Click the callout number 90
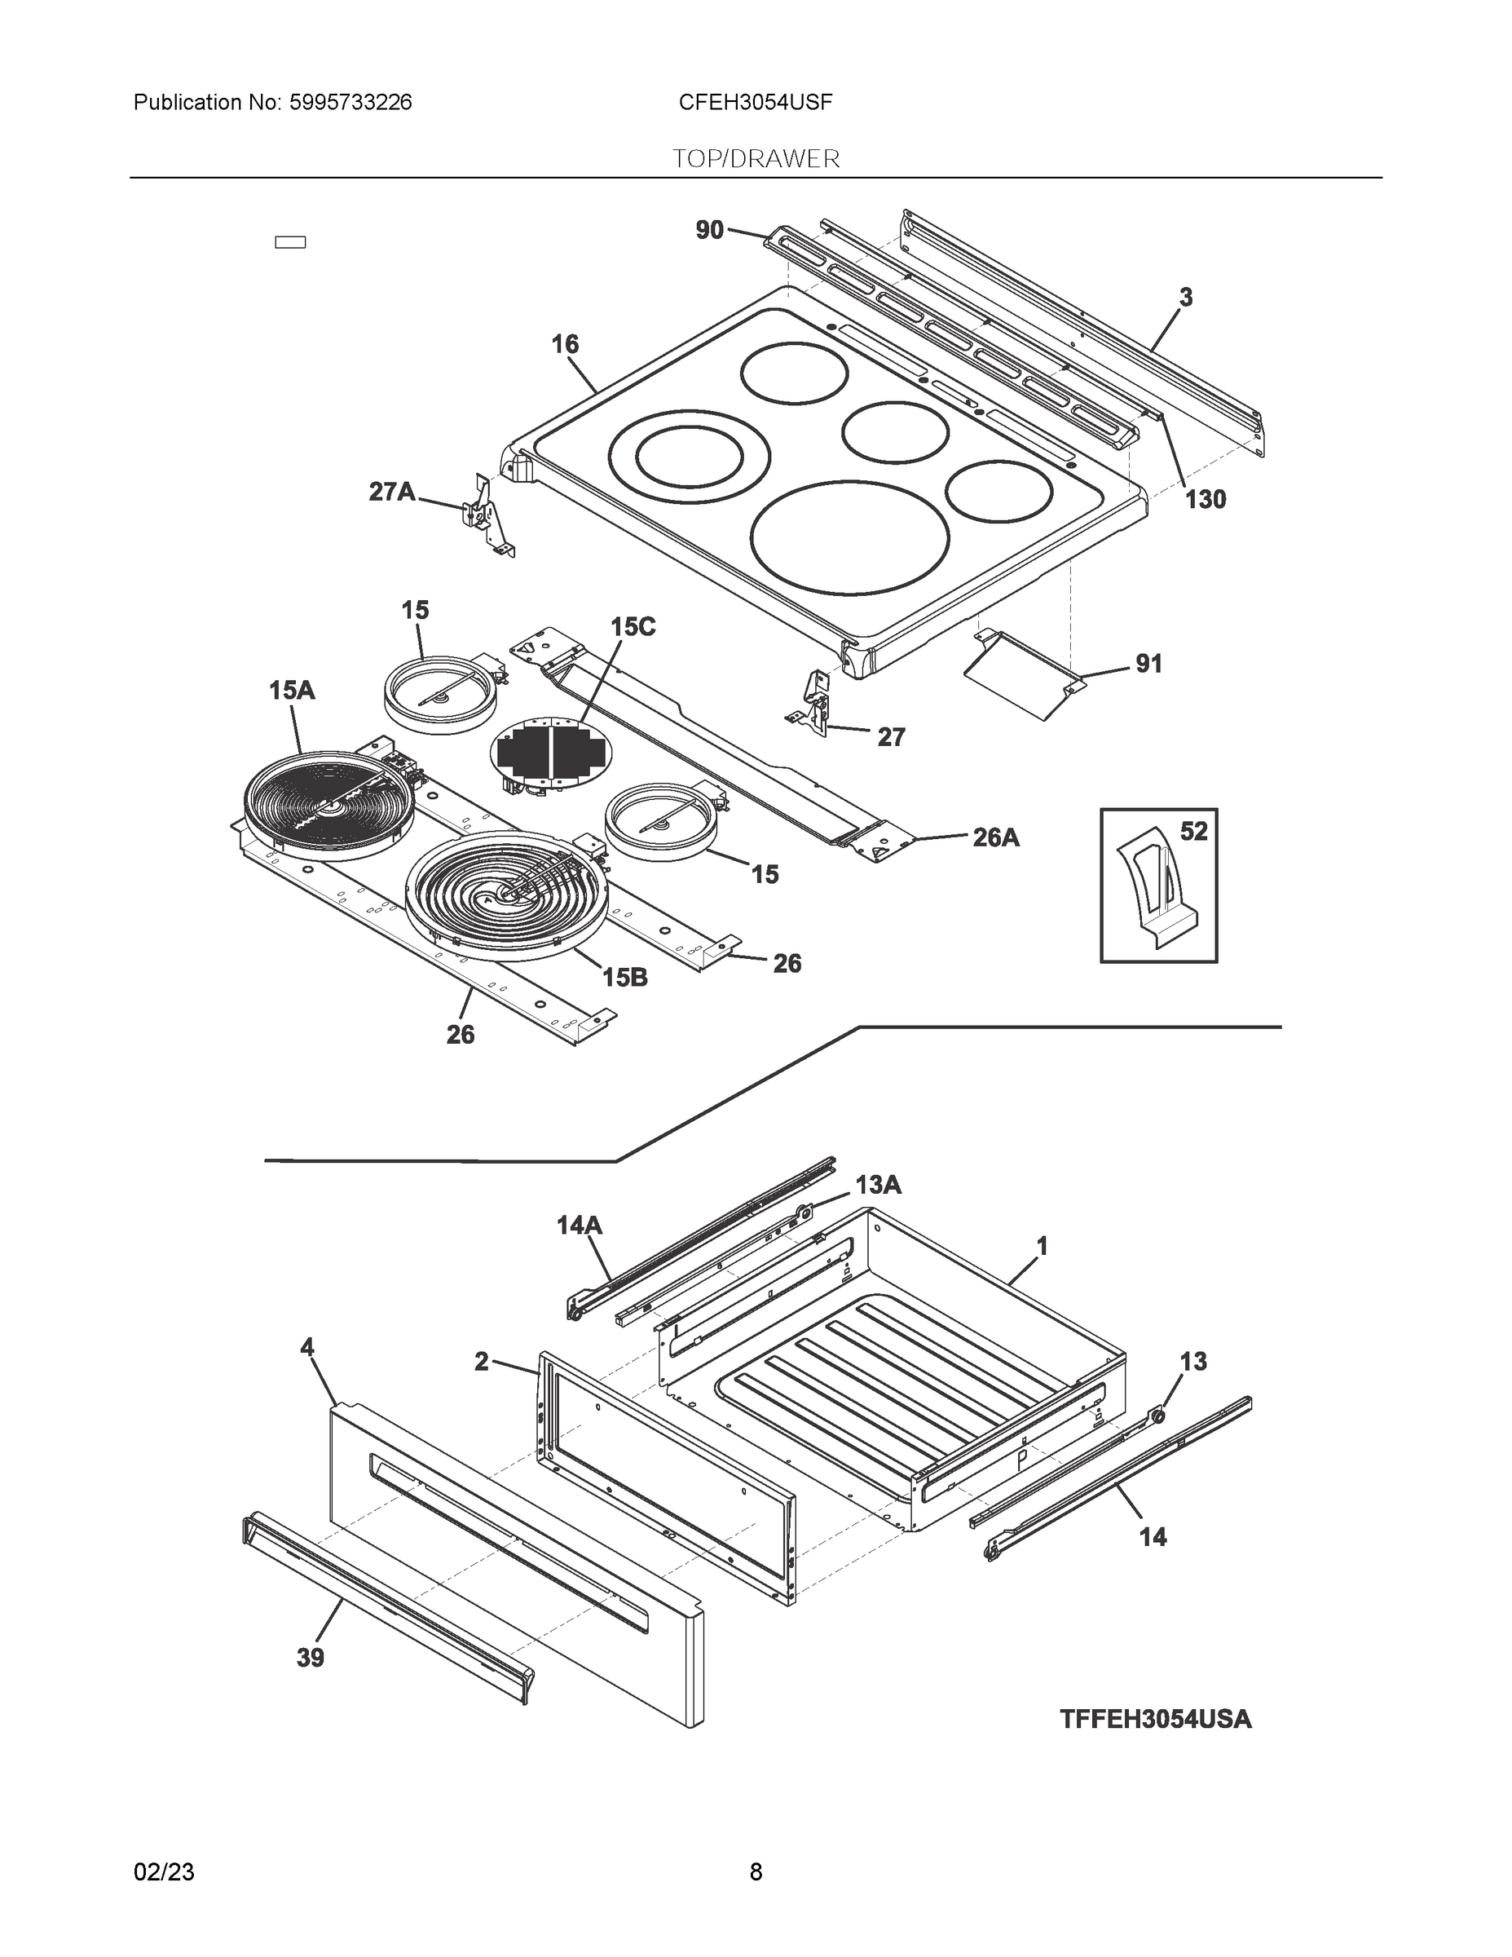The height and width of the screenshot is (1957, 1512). tap(709, 230)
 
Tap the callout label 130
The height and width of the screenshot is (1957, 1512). tap(1205, 500)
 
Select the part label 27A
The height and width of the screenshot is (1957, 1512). tap(392, 491)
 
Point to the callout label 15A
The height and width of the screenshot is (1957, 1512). tap(292, 690)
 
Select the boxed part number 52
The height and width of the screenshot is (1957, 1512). tap(1193, 832)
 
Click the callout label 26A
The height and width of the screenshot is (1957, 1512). tap(996, 837)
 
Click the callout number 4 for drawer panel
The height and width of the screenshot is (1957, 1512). tap(307, 1372)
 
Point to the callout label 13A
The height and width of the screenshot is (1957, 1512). tap(878, 1186)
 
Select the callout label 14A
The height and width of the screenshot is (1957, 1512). tap(580, 1224)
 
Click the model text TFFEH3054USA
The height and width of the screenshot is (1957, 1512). tap(1156, 1720)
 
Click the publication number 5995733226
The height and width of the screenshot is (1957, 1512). tap(350, 102)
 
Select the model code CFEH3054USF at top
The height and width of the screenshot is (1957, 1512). tap(755, 102)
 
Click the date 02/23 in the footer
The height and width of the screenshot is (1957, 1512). tap(164, 1872)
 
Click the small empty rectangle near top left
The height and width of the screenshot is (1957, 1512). tap(290, 242)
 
